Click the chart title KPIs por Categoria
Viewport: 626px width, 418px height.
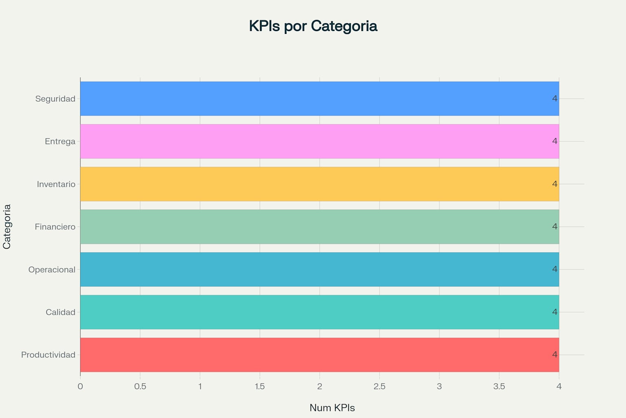(313, 26)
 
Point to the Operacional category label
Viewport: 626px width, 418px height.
(52, 269)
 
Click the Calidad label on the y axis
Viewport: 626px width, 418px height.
(60, 312)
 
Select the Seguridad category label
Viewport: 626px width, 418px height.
(55, 99)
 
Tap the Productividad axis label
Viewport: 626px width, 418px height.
(48, 355)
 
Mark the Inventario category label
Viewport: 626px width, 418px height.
(56, 184)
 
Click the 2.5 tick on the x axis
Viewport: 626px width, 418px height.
(379, 386)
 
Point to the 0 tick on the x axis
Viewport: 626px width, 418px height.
(80, 386)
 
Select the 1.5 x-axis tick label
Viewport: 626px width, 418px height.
(260, 386)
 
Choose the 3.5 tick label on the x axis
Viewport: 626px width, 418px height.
(499, 386)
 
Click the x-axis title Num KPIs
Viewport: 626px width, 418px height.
(332, 408)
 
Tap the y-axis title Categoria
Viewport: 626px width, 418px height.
(7, 227)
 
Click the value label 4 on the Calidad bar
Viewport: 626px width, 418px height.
(554, 312)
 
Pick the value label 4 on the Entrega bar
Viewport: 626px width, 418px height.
(554, 141)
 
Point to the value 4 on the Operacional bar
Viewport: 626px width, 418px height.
(554, 269)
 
